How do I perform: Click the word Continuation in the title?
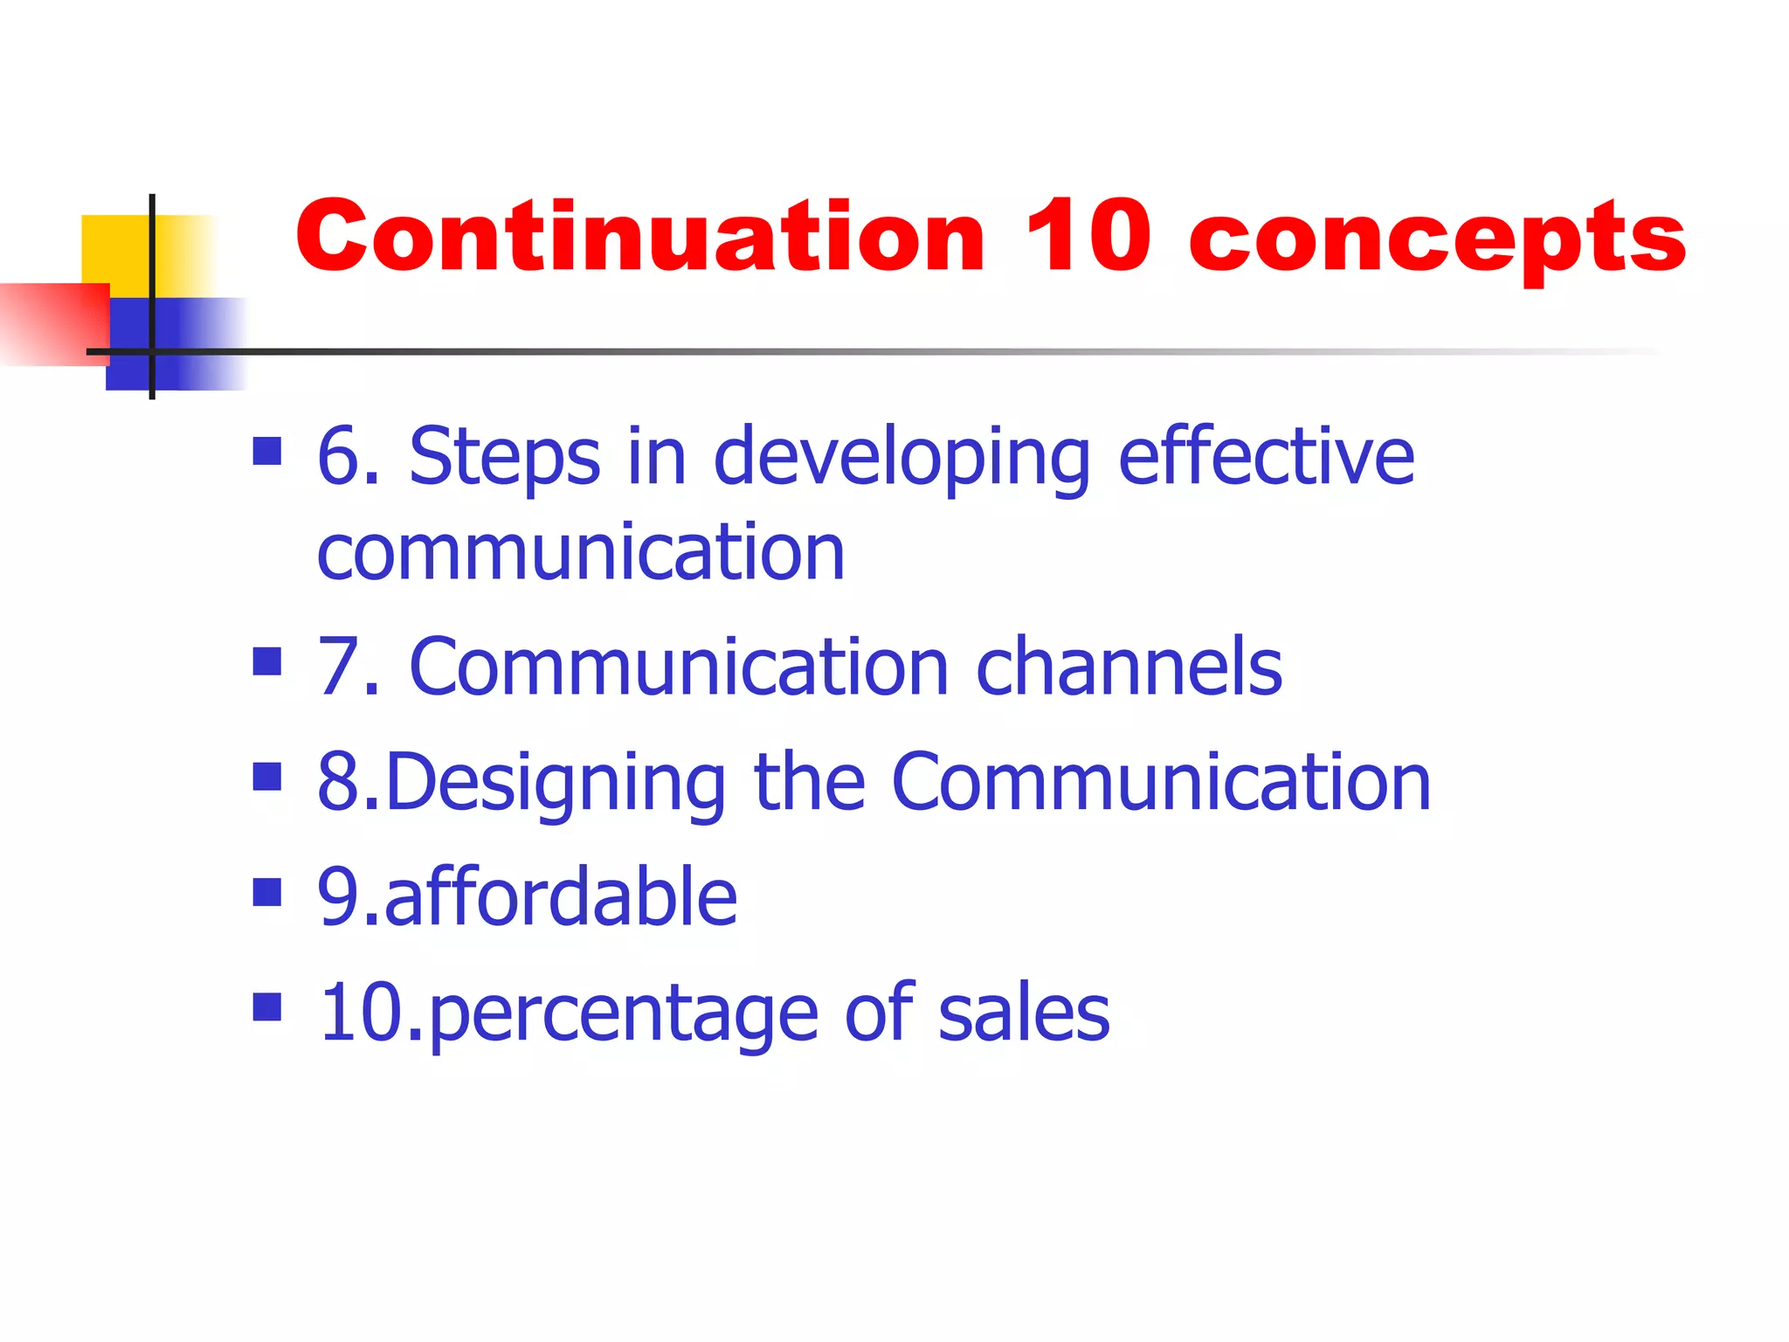(x=640, y=237)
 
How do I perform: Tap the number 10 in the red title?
(x=1087, y=237)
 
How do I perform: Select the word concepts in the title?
(x=1437, y=240)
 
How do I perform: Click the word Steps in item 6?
(x=504, y=458)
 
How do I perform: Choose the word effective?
(x=1266, y=456)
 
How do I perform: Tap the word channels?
(x=1129, y=668)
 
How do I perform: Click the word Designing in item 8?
(x=555, y=784)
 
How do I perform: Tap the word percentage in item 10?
(x=624, y=1014)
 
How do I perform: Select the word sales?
(x=1023, y=1013)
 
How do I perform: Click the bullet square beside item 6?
(x=266, y=452)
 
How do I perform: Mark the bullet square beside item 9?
(x=266, y=893)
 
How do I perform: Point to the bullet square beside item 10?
(x=266, y=1006)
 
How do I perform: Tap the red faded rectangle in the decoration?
(x=52, y=324)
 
